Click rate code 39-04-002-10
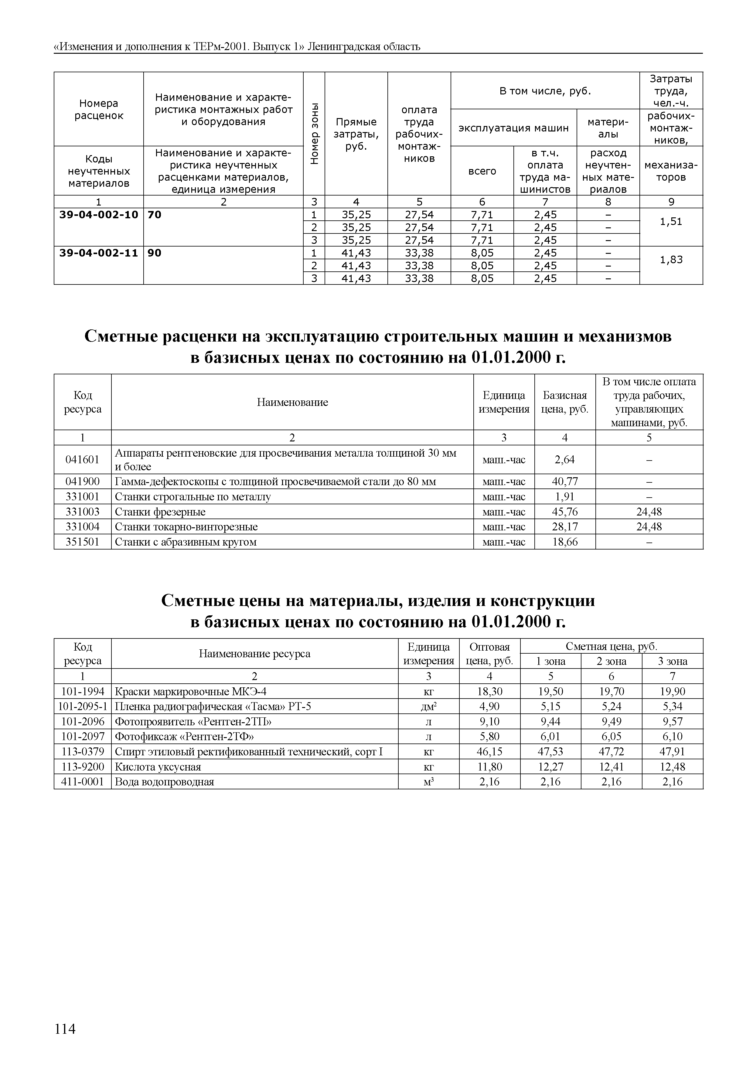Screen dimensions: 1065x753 99,215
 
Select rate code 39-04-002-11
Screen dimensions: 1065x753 99,253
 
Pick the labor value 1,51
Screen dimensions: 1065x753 671,222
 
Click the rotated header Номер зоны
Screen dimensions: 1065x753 314,134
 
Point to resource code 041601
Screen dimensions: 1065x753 83,459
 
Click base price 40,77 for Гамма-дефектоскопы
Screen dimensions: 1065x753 565,481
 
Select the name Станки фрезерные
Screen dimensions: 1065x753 160,512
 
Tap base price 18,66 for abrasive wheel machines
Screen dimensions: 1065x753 565,542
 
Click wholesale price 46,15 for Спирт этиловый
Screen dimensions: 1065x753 489,751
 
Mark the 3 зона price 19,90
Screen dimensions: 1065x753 672,692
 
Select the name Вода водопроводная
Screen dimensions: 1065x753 164,781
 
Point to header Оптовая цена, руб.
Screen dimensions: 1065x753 489,654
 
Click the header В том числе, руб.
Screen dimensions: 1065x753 545,91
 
